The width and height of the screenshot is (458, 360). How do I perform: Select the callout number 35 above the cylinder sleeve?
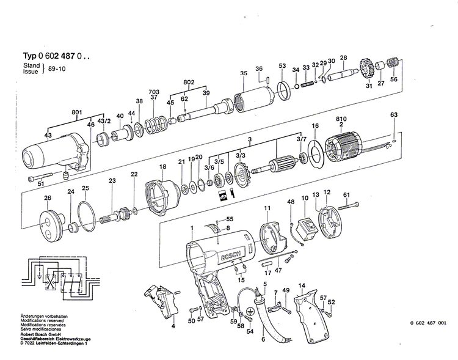click(244, 73)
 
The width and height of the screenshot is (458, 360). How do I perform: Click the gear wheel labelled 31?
click(366, 68)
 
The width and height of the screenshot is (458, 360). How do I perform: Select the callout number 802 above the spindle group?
click(189, 81)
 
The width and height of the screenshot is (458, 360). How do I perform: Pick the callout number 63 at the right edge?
click(394, 115)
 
